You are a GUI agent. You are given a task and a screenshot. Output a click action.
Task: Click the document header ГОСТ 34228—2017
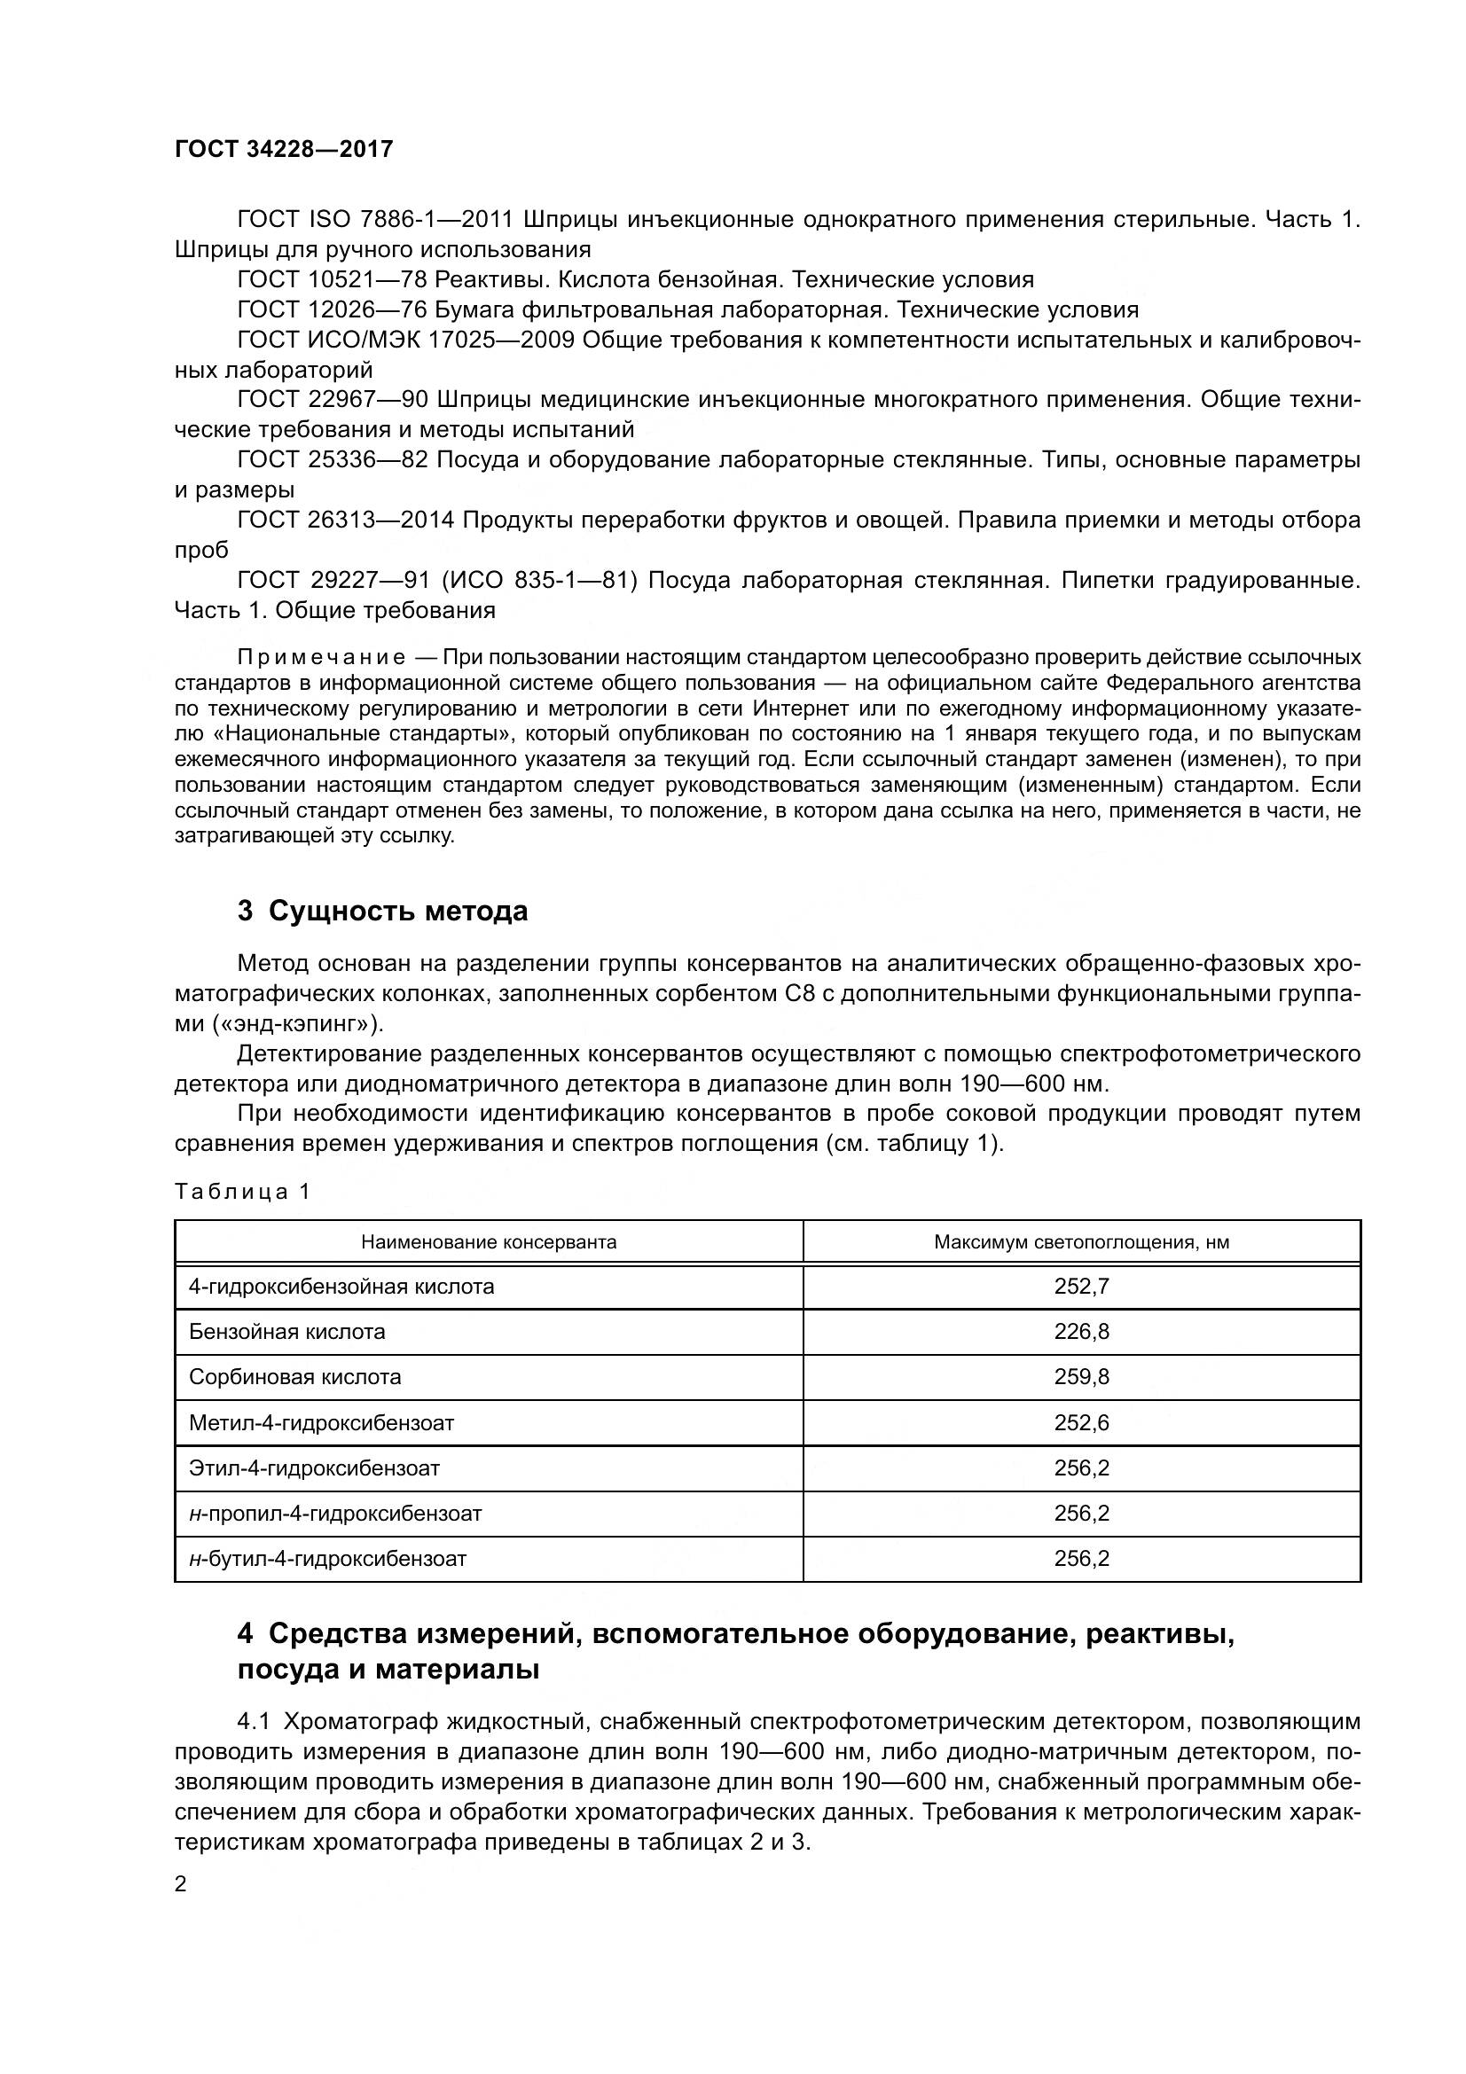coord(284,149)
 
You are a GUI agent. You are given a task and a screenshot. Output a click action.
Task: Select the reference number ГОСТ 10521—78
coord(332,279)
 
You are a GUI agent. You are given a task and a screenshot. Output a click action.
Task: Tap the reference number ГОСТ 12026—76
coord(332,309)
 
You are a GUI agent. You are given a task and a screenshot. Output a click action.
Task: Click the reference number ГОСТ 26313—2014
coord(346,520)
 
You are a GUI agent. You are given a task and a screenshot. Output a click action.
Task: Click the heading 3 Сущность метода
coord(382,911)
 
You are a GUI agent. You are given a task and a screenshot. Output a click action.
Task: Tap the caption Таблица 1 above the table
coord(242,1192)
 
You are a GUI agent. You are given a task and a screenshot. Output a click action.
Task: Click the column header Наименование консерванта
coord(489,1242)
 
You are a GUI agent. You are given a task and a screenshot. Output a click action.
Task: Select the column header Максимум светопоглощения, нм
coord(1081,1242)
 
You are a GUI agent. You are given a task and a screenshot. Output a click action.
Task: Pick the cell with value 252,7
coord(1081,1287)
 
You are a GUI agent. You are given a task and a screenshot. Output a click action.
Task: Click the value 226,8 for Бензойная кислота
coord(1081,1332)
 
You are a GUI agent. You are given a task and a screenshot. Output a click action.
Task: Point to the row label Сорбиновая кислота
coord(294,1377)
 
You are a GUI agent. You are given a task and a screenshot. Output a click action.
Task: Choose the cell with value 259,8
coord(1081,1377)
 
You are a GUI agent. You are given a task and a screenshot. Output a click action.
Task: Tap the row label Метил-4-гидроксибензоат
coord(321,1422)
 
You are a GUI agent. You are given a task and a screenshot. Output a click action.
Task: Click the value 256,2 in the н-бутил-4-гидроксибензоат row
coord(1081,1558)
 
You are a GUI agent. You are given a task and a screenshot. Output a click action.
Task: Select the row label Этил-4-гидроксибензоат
coord(313,1467)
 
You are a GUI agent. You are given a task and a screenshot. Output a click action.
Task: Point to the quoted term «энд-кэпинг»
coord(298,1023)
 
